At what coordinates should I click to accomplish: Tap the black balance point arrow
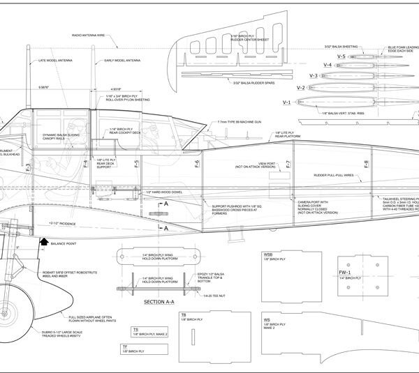pos(44,241)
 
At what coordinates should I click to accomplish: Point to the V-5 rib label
pos(341,55)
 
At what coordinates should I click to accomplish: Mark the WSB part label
pos(267,254)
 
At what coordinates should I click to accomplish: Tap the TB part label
pos(184,314)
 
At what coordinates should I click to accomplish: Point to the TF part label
pos(135,346)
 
